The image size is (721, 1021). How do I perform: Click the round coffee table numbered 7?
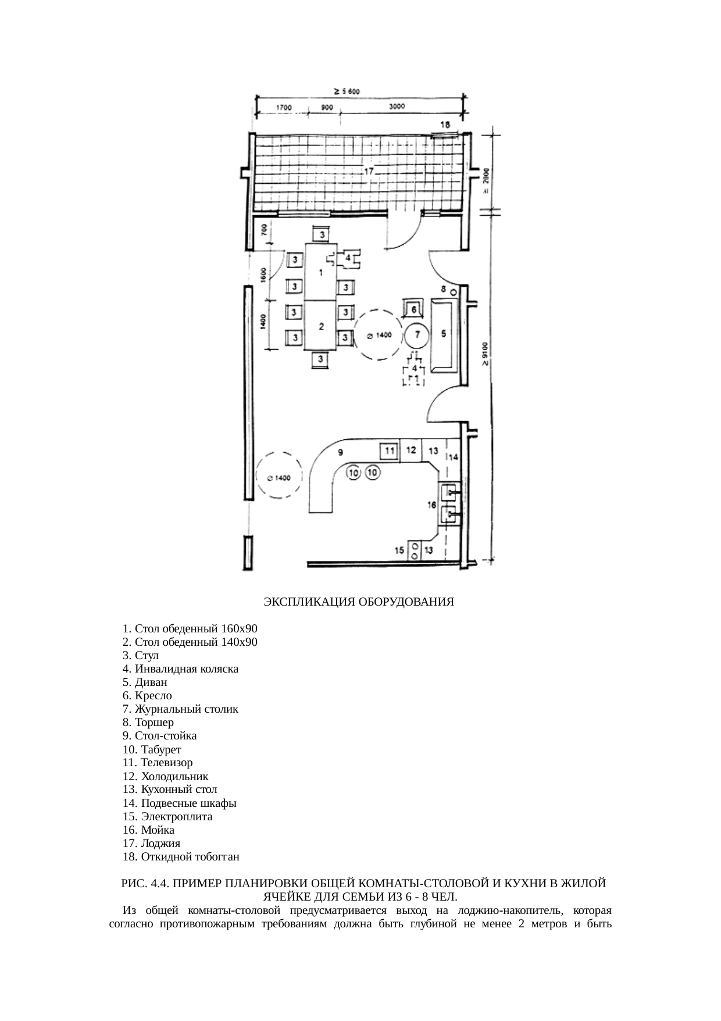(416, 335)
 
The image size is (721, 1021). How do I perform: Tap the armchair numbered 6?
(412, 309)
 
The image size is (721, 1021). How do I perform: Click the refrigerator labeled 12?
(411, 450)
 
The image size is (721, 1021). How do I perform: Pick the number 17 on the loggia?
(369, 172)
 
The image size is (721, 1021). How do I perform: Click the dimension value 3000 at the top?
(397, 107)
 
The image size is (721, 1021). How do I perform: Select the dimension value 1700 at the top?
(284, 108)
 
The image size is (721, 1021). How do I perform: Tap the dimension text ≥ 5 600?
(347, 91)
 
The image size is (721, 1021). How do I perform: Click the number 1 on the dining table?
(320, 273)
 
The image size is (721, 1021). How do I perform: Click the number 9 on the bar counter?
(341, 451)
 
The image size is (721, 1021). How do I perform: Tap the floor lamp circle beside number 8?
(454, 291)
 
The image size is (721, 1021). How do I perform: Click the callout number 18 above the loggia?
(445, 124)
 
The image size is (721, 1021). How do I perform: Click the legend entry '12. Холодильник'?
(166, 777)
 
